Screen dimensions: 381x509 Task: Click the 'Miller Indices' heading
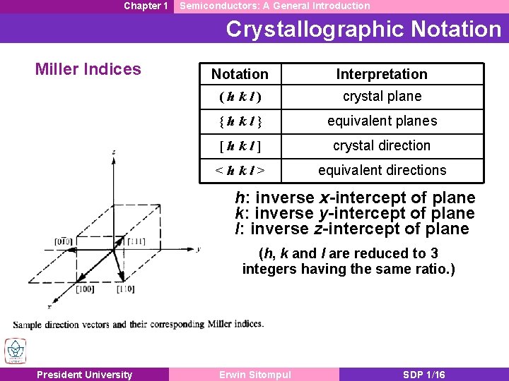click(88, 69)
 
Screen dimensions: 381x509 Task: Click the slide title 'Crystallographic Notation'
click(363, 29)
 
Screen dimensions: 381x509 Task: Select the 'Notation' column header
click(240, 74)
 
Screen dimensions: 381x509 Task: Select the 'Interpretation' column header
click(382, 74)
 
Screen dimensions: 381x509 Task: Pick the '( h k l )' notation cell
click(240, 97)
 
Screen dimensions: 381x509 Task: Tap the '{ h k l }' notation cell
click(240, 121)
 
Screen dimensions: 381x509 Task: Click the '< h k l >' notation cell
click(240, 170)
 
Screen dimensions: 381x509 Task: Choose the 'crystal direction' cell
click(382, 145)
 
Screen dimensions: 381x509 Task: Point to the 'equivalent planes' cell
click(382, 121)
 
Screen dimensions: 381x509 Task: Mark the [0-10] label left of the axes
click(65, 242)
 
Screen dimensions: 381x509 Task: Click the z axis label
click(114, 151)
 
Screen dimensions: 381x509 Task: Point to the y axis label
click(199, 249)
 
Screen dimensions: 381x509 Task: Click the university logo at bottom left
click(15, 351)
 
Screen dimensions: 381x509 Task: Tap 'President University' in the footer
click(84, 375)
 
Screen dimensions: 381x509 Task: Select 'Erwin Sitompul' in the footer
click(254, 375)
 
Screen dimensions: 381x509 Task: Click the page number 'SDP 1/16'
click(423, 375)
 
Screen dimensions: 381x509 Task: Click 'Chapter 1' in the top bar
click(146, 6)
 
